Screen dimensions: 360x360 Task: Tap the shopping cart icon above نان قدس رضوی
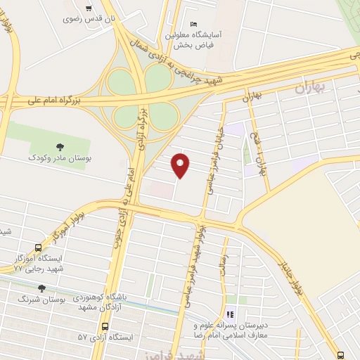tap(88, 8)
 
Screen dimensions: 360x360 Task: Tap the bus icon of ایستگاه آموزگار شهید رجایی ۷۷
tap(37, 247)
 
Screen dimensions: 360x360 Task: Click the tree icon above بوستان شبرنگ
tap(41, 288)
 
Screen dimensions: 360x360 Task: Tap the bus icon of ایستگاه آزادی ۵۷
tap(105, 327)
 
